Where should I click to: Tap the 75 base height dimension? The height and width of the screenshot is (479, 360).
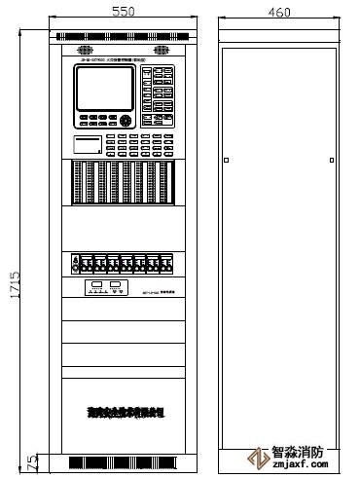point(31,461)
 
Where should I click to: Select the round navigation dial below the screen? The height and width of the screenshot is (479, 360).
point(126,121)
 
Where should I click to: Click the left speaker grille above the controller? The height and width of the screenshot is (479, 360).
point(79,49)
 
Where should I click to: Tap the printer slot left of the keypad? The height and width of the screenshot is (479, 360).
point(88,145)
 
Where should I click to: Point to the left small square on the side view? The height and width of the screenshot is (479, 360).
point(225,160)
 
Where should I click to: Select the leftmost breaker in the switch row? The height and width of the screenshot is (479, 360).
point(77,264)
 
